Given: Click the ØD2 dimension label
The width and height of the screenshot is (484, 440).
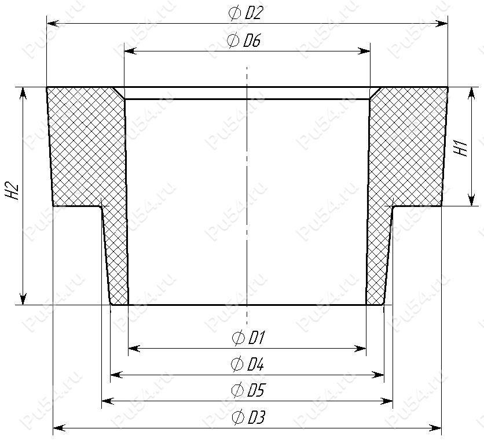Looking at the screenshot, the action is (x=245, y=13).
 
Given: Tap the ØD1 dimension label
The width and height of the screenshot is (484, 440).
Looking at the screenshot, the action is (x=248, y=338).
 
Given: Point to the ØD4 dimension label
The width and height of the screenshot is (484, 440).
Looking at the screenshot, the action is (x=247, y=364).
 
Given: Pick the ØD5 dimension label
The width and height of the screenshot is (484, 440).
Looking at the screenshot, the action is (x=248, y=390).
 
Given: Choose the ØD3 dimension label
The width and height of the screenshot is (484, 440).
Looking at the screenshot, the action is (x=248, y=417).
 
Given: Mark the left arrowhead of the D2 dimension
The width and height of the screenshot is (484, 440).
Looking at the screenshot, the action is (x=53, y=24).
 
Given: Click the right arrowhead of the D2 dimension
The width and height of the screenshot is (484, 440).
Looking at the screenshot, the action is (x=441, y=24).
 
